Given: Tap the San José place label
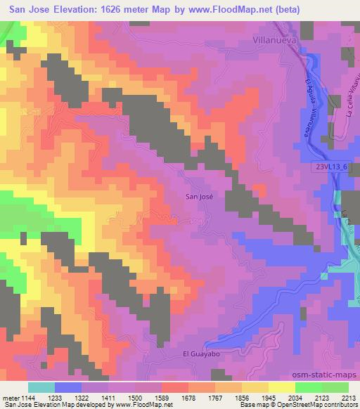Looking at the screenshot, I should coord(198,197).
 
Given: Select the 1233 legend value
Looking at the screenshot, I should coord(68,397).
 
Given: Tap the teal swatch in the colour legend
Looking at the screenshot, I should coord(41,387).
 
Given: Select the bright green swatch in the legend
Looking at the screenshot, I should coord(308,387).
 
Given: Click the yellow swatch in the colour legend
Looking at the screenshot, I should coord(281,387).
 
